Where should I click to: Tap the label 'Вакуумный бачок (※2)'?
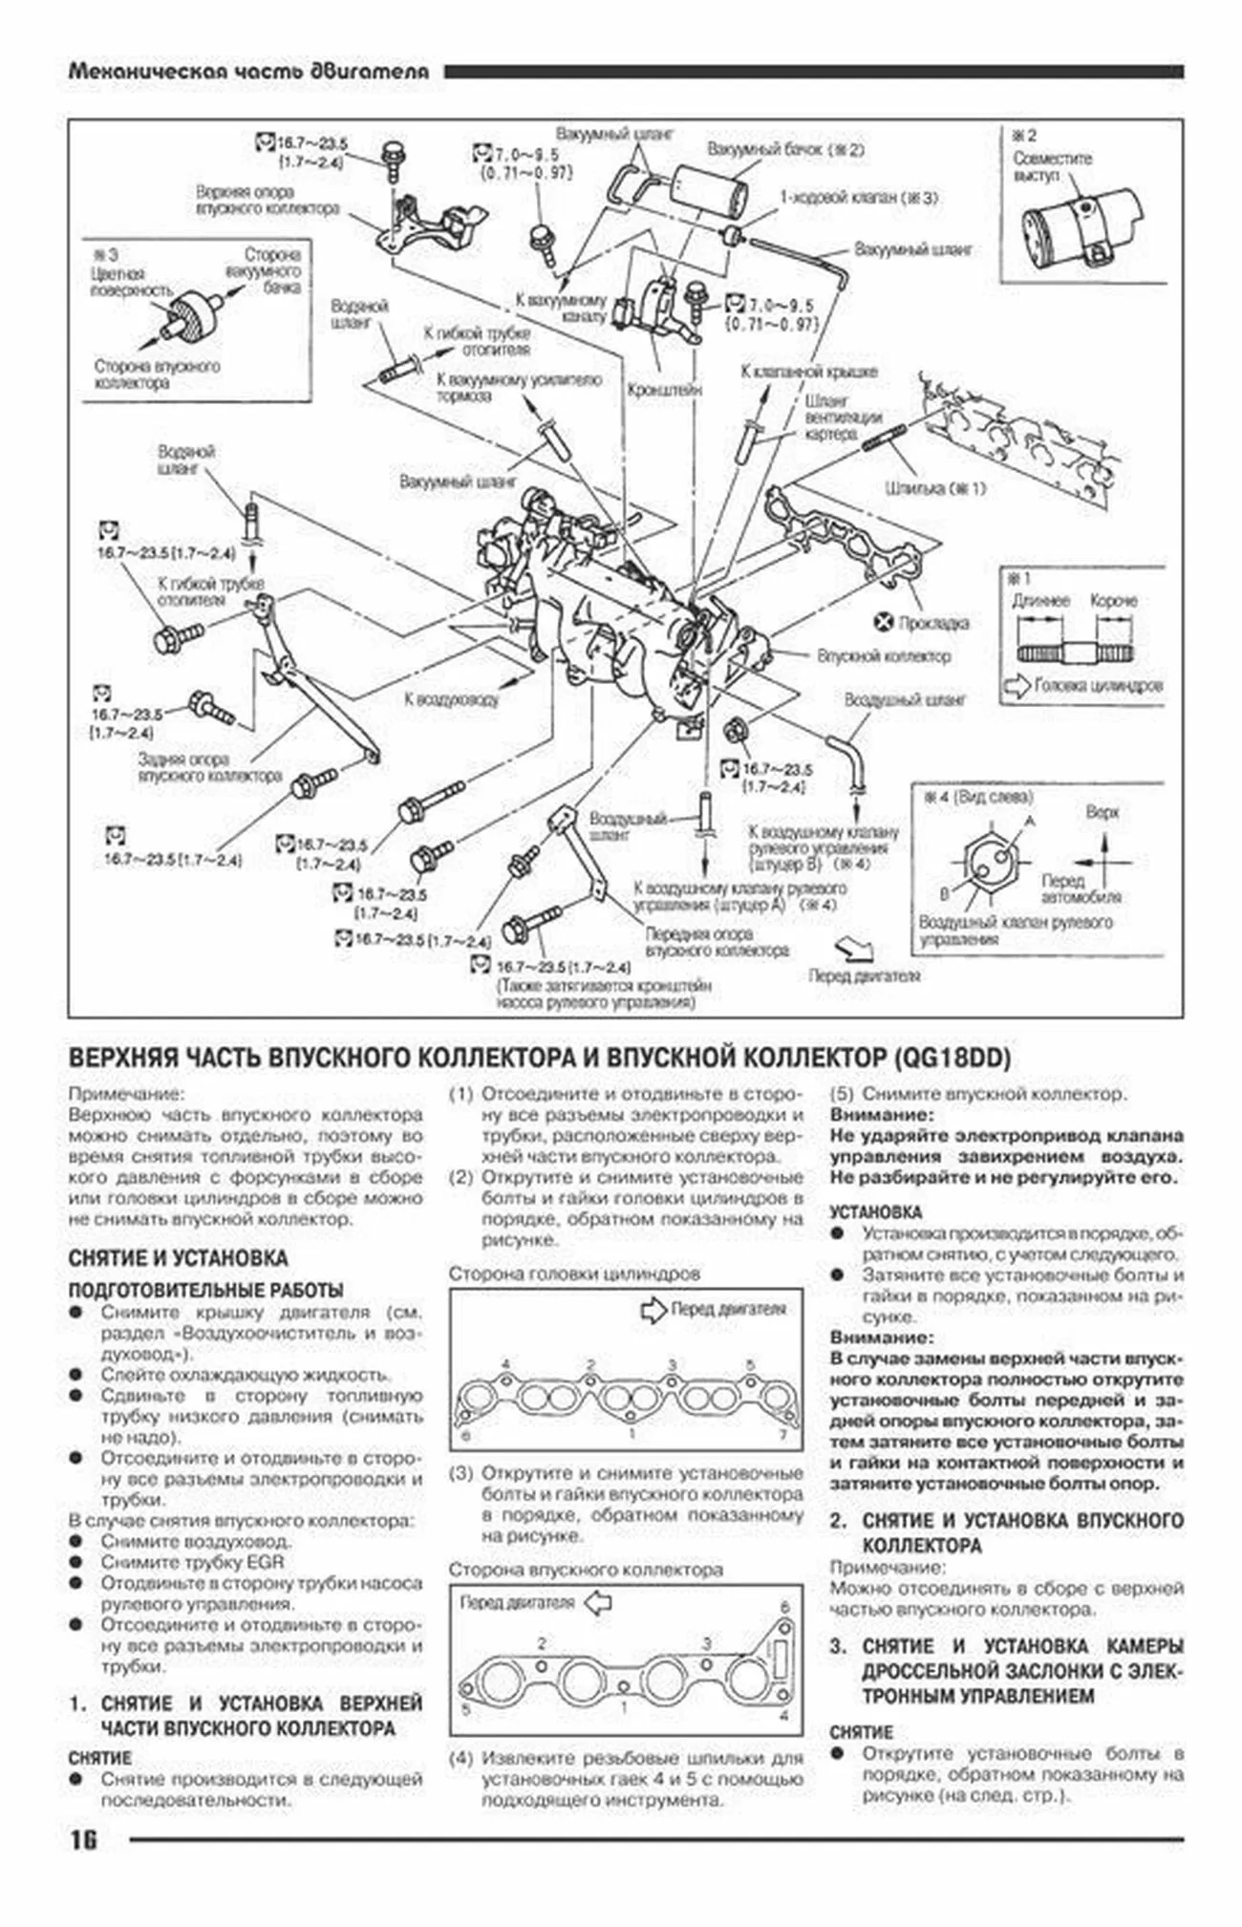coord(785,150)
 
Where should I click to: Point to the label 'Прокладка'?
coord(933,623)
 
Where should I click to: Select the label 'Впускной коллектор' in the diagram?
coord(884,656)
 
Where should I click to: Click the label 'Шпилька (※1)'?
coord(934,489)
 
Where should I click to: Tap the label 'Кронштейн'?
coord(665,390)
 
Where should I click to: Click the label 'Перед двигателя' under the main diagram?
coord(865,975)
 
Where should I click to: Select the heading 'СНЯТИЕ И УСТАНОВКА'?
coord(178,1258)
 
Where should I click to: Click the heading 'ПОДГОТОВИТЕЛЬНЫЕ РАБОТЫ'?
coord(205,1290)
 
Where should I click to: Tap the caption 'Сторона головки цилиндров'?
coord(574,1274)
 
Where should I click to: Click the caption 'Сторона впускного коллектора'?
coord(586,1570)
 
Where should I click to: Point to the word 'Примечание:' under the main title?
coord(125,1094)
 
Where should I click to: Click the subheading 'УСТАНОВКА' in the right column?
coord(875,1212)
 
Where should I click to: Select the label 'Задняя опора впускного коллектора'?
coord(209,767)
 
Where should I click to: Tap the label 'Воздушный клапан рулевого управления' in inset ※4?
coord(1015,931)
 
